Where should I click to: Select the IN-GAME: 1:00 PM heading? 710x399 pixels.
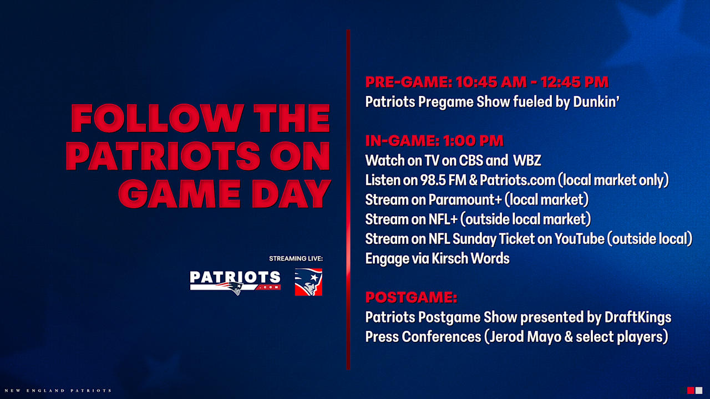click(434, 141)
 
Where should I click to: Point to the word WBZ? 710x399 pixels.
click(527, 161)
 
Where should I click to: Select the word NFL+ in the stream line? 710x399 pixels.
click(442, 219)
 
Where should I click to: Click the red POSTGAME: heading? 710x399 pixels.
click(411, 298)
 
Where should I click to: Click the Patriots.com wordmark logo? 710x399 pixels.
click(235, 282)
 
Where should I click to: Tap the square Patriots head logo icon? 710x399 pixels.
click(308, 282)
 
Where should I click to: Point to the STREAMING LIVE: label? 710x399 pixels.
click(296, 259)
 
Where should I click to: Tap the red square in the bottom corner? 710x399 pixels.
click(691, 391)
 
